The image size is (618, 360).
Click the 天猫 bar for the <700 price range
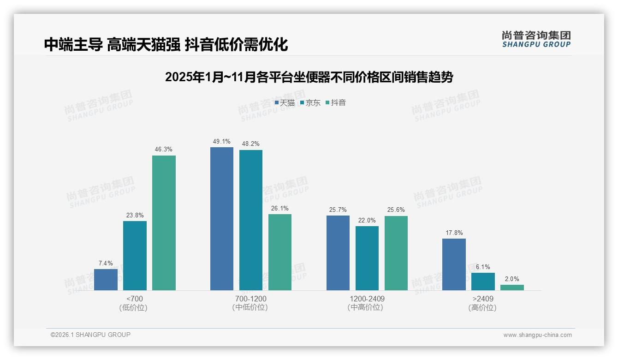[x=106, y=280]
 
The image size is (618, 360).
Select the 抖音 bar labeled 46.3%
[x=164, y=223]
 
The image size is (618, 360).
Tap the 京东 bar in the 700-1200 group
[x=251, y=220]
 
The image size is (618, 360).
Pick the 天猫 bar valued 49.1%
[x=222, y=219]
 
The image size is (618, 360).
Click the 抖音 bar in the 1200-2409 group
[x=396, y=253]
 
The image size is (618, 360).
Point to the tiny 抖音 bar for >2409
[x=512, y=288]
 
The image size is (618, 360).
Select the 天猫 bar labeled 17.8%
[x=454, y=264]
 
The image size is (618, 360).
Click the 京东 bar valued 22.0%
[x=367, y=258]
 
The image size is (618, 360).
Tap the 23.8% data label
[x=135, y=215]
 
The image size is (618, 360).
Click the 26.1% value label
[x=280, y=208]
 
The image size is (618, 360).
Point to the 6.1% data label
[x=483, y=267]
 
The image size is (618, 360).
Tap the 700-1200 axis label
[x=250, y=299]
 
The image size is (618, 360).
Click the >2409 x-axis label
[x=482, y=299]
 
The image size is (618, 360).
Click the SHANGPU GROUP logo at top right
[x=536, y=39]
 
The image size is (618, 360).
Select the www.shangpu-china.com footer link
[x=537, y=335]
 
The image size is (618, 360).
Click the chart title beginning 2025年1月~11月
[x=309, y=77]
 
